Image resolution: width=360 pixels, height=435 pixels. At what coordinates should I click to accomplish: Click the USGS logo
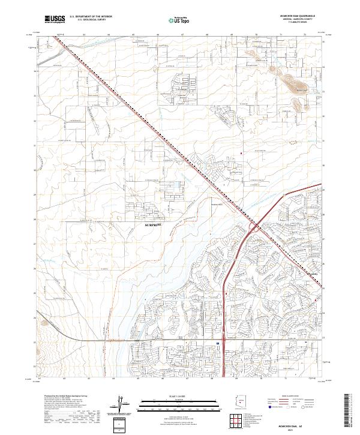55,19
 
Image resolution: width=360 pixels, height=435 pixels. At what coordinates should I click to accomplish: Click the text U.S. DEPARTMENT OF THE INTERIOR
91,17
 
